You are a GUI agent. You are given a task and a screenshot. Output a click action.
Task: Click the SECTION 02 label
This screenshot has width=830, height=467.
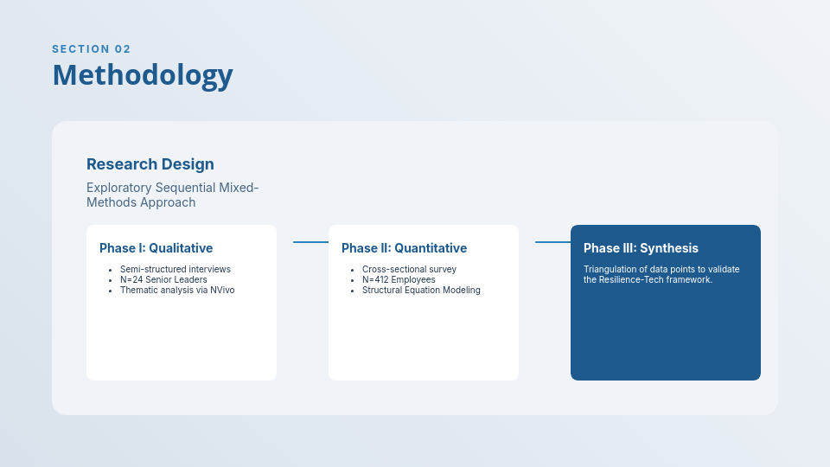click(92, 49)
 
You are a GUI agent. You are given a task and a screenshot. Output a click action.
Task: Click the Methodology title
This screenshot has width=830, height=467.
click(143, 75)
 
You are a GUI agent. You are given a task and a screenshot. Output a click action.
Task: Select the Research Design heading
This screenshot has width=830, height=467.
click(150, 164)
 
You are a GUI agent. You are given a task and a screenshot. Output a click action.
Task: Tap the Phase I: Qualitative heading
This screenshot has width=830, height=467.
click(156, 248)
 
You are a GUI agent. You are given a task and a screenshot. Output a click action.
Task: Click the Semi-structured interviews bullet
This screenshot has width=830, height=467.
click(176, 269)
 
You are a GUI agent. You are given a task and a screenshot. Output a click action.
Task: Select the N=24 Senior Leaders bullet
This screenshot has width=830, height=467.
click(163, 279)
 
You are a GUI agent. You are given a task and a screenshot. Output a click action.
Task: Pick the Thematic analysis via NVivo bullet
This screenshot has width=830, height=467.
click(177, 290)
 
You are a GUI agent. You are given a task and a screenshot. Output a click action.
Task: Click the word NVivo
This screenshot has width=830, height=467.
click(222, 290)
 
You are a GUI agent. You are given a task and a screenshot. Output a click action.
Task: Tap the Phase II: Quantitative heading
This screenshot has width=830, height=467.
click(404, 248)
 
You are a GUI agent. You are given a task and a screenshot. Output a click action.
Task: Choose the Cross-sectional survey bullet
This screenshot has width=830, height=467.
click(409, 269)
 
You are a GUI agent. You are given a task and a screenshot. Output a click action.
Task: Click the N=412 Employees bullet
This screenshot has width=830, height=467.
click(399, 279)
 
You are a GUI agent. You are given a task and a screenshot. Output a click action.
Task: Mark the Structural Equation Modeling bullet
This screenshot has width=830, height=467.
click(421, 290)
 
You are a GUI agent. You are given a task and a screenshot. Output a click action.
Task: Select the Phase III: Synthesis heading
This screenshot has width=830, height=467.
click(641, 248)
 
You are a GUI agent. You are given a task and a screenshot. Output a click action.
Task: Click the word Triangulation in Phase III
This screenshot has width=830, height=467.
click(610, 269)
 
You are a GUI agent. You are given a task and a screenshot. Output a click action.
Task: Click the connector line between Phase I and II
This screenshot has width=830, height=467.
click(310, 242)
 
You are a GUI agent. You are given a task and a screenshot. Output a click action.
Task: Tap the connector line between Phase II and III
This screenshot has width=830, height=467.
click(552, 242)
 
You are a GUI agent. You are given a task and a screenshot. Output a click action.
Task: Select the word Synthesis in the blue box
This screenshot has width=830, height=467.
click(669, 248)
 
